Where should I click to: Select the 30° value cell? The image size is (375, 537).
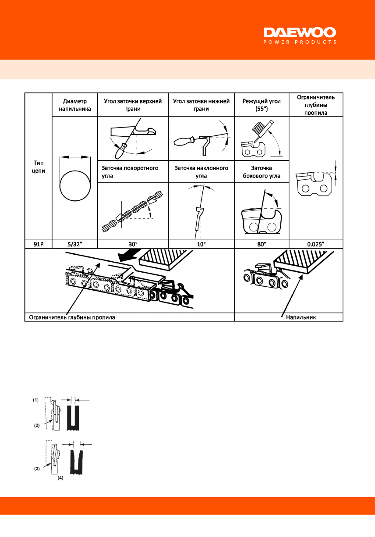click(x=132, y=244)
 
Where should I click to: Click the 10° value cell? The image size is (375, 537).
click(x=201, y=244)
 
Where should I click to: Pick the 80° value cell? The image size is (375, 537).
click(x=262, y=244)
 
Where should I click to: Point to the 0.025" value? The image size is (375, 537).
click(x=315, y=244)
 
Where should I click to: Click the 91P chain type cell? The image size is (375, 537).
click(x=38, y=244)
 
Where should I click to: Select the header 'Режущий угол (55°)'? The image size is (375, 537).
click(x=262, y=104)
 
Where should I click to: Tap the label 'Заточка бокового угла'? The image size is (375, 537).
click(x=262, y=171)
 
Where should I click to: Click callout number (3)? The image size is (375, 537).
click(x=37, y=469)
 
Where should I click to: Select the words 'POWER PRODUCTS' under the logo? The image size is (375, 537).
click(x=299, y=43)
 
